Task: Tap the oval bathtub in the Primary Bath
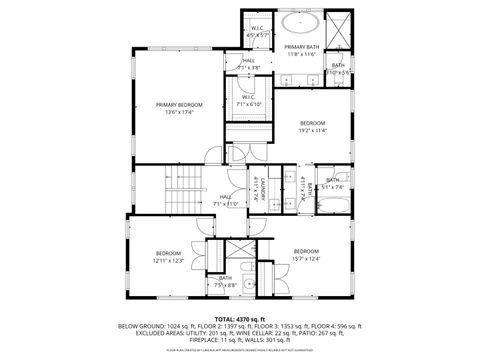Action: (x=299, y=23)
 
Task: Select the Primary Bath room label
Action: (x=300, y=47)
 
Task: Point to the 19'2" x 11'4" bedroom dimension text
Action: (x=312, y=129)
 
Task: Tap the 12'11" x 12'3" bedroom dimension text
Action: (x=168, y=261)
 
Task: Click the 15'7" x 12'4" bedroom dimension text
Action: (x=306, y=259)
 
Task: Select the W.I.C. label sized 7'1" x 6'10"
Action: (x=248, y=104)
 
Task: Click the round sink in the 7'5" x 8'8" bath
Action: (x=265, y=267)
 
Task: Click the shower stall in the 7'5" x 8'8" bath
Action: (x=237, y=253)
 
